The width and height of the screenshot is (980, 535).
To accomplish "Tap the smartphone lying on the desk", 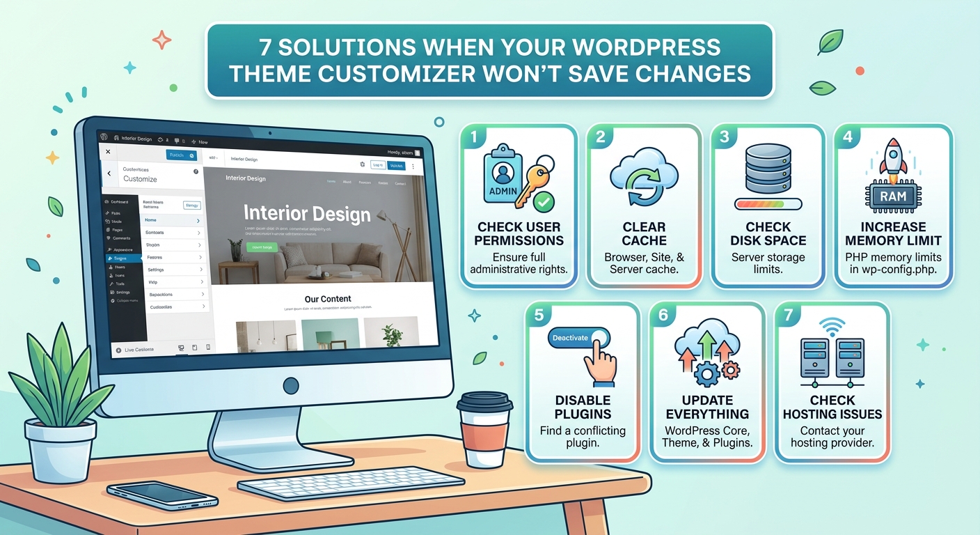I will (162, 495).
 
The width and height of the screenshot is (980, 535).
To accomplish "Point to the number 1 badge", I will (474, 137).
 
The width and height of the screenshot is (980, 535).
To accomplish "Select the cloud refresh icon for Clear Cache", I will (643, 177).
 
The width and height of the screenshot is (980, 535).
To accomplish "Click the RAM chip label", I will (893, 196).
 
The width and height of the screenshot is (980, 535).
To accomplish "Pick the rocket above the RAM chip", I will (892, 157).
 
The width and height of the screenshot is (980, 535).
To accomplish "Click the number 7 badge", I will (788, 315).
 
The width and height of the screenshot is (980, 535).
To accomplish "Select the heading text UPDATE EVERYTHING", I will (707, 407).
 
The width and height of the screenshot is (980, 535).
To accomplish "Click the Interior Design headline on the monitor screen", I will (307, 213).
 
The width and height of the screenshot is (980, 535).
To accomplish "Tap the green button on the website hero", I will (262, 247).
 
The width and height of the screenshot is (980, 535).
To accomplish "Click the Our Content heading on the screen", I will (328, 299).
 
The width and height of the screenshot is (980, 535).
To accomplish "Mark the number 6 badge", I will (663, 315).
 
